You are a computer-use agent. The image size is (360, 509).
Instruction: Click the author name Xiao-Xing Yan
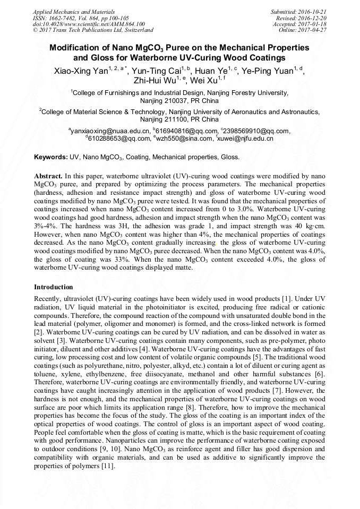[80, 72]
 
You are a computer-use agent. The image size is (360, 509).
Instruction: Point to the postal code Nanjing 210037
[164, 100]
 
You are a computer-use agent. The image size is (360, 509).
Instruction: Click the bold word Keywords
[50, 157]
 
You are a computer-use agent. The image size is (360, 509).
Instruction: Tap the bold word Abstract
[48, 175]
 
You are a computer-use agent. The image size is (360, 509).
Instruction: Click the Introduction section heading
[54, 287]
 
